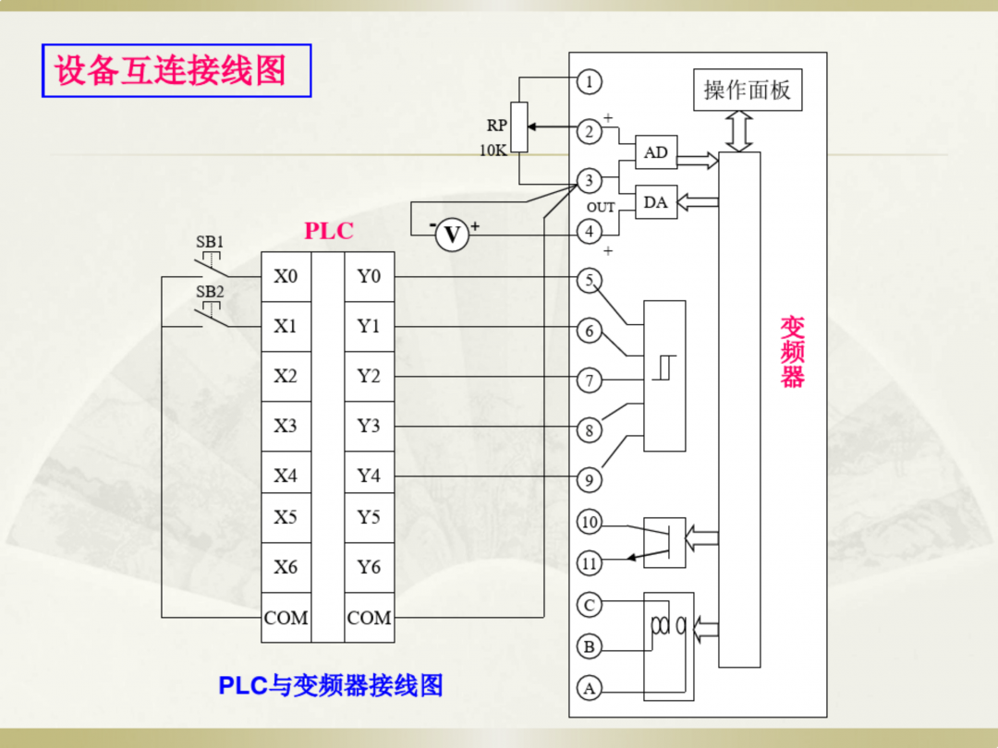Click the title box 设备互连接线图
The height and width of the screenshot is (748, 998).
click(176, 71)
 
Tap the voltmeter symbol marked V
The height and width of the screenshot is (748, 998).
click(452, 235)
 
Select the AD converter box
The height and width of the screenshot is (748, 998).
click(655, 152)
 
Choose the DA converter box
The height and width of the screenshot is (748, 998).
click(655, 202)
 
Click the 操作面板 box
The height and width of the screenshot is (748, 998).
click(748, 90)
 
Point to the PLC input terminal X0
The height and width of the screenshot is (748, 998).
click(286, 276)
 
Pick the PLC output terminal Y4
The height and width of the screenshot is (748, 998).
click(369, 476)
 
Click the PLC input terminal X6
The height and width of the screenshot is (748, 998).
click(286, 567)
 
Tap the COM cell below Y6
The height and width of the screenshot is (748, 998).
click(369, 618)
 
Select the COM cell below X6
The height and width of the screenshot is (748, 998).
click(286, 618)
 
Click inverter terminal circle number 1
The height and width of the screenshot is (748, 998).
click(589, 81)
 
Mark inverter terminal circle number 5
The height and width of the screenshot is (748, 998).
click(589, 280)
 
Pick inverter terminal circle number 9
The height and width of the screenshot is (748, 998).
click(589, 480)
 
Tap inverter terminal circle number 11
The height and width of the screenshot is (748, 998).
click(589, 562)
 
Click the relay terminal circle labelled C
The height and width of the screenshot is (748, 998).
click(589, 605)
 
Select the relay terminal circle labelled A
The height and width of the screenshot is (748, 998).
click(589, 688)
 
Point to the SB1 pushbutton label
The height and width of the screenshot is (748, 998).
click(210, 242)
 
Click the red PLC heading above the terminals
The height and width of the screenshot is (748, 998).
click(329, 231)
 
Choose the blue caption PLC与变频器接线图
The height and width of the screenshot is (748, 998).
click(331, 685)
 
